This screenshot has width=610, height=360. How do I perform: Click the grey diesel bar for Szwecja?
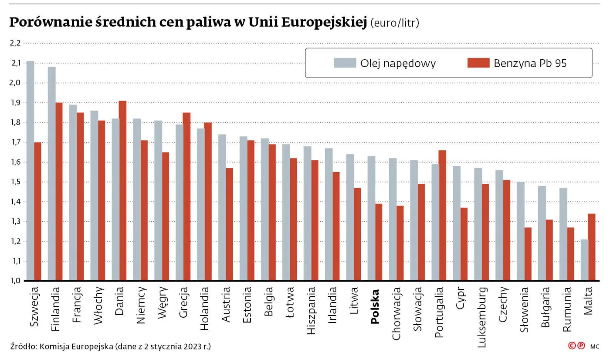tap(30, 171)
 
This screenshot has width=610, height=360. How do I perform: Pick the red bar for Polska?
tap(379, 242)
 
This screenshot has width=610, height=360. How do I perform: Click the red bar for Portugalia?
tap(443, 215)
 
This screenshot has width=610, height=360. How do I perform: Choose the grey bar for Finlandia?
tap(52, 174)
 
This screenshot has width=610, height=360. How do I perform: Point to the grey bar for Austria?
tap(222, 207)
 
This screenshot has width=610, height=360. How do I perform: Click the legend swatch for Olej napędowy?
tap(344, 63)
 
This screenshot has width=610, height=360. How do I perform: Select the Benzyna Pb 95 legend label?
tap(530, 63)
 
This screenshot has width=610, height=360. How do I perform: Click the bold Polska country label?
tap(375, 308)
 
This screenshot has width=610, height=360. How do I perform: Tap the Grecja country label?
tap(183, 307)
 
